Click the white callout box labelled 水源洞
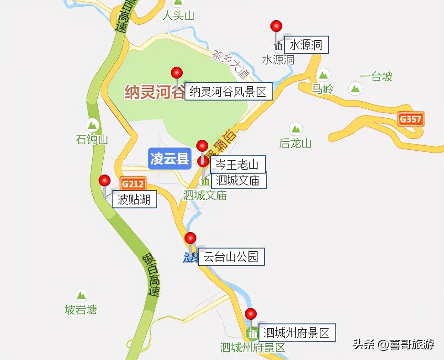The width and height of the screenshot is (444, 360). pos(307,45)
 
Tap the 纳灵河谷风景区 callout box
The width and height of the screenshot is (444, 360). pos(228,91)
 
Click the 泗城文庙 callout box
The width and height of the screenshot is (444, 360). pos(238,180)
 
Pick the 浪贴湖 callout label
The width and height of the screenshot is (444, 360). pos(134,200)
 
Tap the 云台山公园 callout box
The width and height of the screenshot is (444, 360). pos(231,257)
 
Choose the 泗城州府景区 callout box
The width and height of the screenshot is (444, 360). pos(297,332)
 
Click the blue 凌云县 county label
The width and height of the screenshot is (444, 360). pos(170,159)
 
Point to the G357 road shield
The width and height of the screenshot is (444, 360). pos(411,120)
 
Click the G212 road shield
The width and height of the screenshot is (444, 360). pos(133,184)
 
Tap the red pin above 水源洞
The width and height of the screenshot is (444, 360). pos(276,26)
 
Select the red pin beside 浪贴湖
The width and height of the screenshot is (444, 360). pos(105,180)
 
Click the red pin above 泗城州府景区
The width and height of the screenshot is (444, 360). pos(250,314)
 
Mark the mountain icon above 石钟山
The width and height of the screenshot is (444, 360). pos(93,124)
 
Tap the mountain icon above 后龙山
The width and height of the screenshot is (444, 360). pos(296,128)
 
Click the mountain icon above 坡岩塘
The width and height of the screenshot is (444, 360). pos(81,295)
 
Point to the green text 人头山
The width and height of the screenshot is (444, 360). pos(179,16)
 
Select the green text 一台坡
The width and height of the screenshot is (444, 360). pos(376,77)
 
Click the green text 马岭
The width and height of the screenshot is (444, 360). pos(322,89)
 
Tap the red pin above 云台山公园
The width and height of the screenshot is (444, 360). pos(190,238)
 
